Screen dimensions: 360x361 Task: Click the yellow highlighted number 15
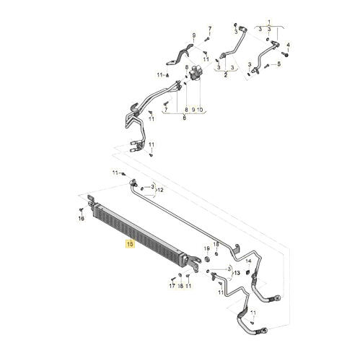click(x=130, y=244)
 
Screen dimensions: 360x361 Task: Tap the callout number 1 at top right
click(x=269, y=22)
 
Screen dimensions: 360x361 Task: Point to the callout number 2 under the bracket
click(x=225, y=75)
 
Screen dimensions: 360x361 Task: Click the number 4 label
click(x=288, y=45)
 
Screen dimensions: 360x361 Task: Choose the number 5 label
click(x=278, y=64)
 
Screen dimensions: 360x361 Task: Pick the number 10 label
click(x=200, y=110)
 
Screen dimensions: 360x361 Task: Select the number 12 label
click(x=160, y=190)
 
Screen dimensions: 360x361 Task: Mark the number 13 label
click(x=237, y=273)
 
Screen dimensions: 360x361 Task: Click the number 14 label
click(x=248, y=261)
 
